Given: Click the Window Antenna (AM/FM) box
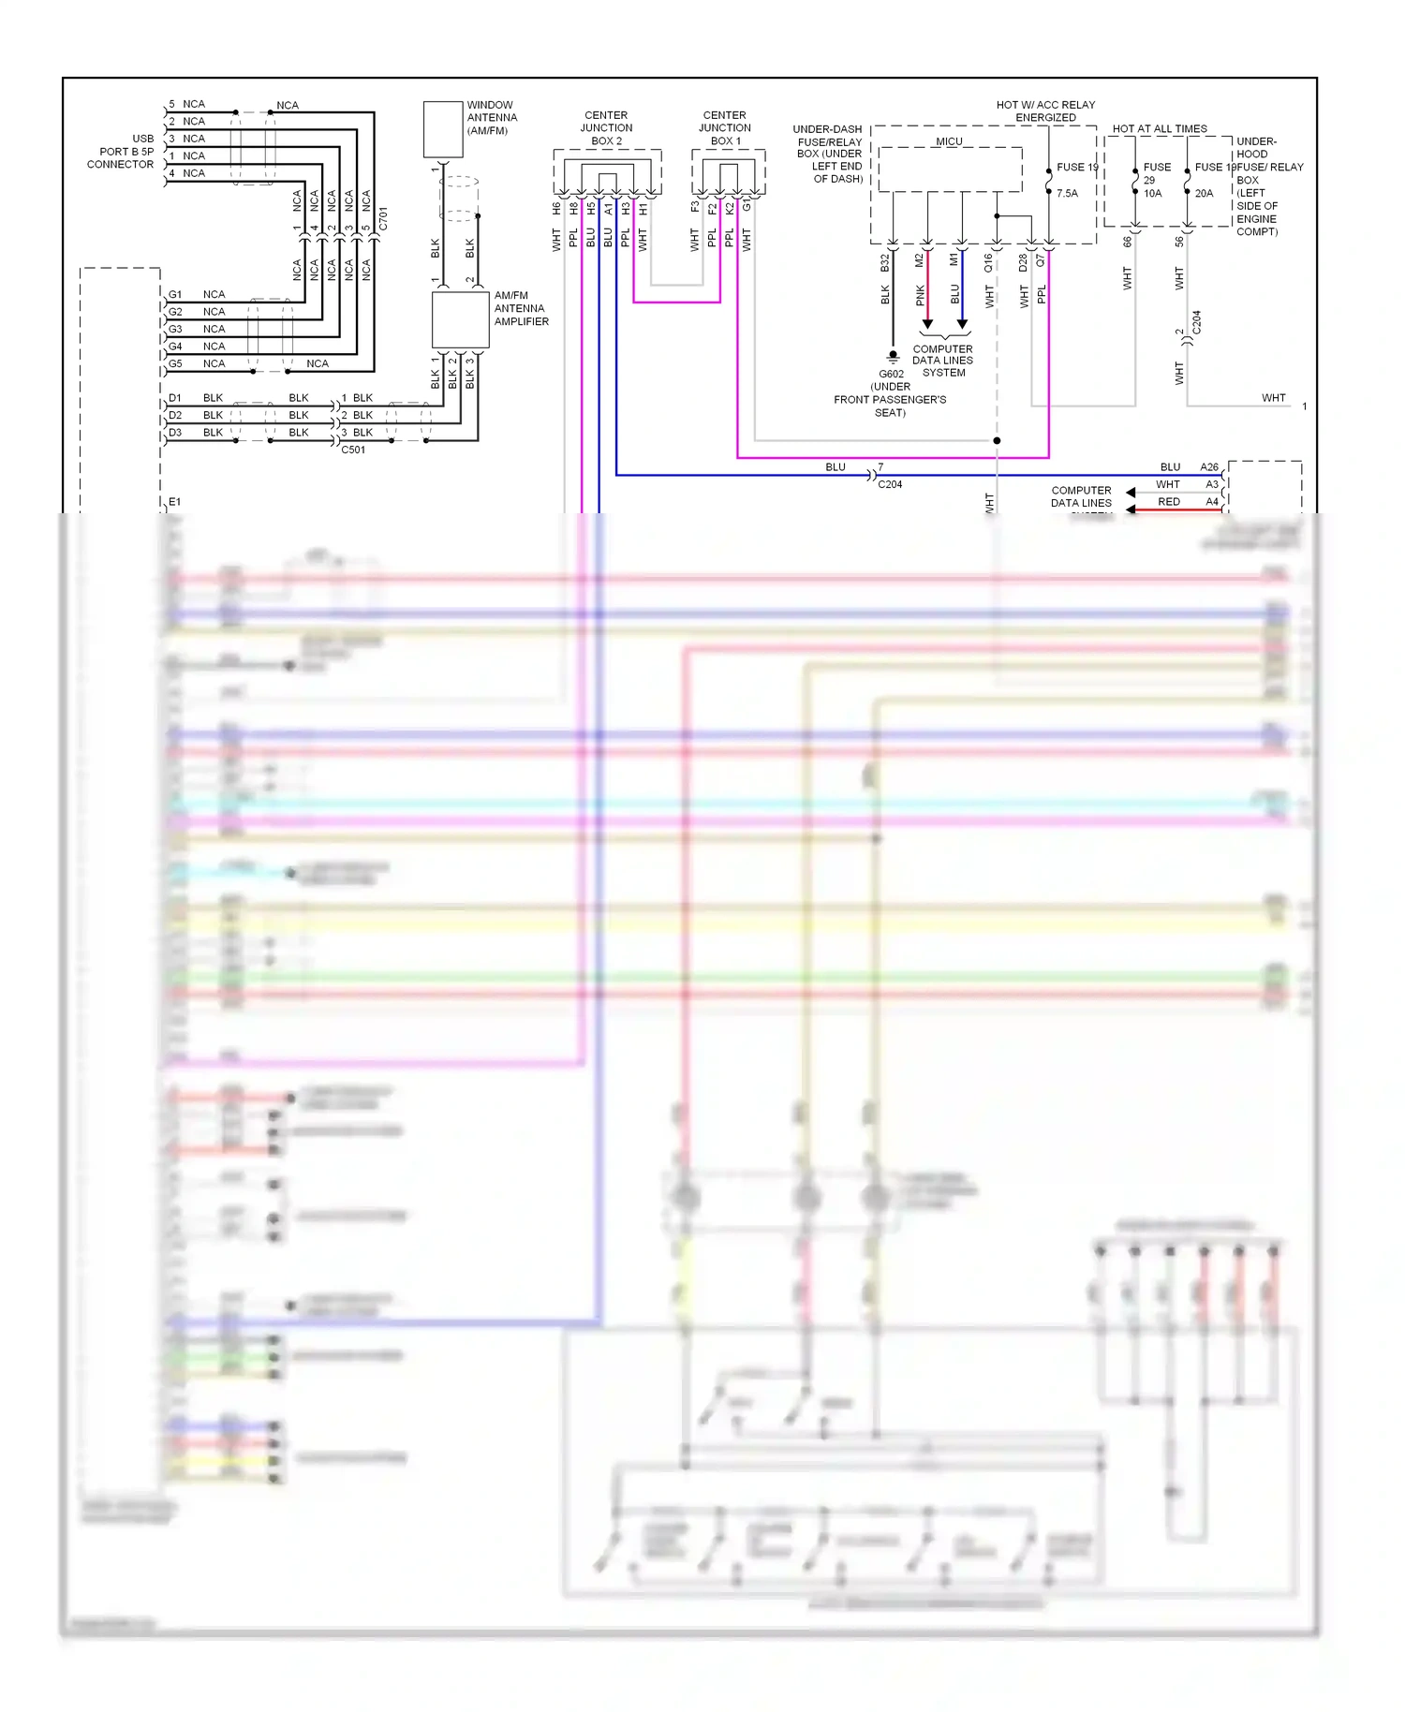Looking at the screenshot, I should click(x=443, y=129).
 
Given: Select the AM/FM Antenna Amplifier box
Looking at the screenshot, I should click(x=460, y=319).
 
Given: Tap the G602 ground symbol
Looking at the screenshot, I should click(x=893, y=357).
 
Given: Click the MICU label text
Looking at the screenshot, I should click(x=949, y=141).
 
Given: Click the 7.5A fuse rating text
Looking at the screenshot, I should click(x=1067, y=193).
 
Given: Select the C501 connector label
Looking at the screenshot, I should click(x=353, y=450).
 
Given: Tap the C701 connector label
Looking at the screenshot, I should click(x=383, y=219).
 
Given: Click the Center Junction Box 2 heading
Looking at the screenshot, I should click(x=606, y=128).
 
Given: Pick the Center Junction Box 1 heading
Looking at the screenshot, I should click(x=725, y=128).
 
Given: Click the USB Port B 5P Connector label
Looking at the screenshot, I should click(x=121, y=151).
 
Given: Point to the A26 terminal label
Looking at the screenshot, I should click(x=1209, y=466).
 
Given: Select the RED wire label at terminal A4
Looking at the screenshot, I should click(x=1169, y=502).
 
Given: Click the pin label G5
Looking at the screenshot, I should click(x=175, y=363).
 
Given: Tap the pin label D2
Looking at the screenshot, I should click(x=175, y=415).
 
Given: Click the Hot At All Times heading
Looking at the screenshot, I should click(x=1160, y=128).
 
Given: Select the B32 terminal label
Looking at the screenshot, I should click(x=884, y=263).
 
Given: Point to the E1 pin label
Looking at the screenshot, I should click(x=175, y=502).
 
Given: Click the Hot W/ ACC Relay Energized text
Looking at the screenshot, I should click(x=1045, y=111).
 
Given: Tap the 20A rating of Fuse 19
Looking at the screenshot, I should click(x=1204, y=193).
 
